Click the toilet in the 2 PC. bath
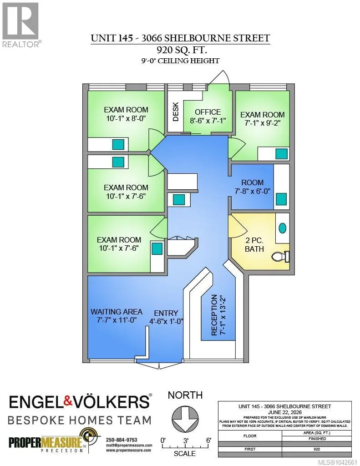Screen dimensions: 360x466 point(281,256)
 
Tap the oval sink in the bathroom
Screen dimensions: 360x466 point(283,228)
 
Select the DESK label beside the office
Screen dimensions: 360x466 point(176,112)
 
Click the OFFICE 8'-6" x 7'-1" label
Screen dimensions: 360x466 point(208,116)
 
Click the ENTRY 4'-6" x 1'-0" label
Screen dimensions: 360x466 point(166,317)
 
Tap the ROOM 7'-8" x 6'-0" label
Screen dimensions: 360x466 point(253,187)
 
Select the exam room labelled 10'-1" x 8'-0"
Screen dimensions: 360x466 point(126,114)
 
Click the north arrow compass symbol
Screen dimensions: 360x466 point(185,419)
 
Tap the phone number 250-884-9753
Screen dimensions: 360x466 point(122,440)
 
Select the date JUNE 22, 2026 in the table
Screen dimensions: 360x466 point(285,412)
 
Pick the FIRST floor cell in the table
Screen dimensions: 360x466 point(250,449)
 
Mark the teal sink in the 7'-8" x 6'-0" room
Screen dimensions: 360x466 point(281,199)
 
